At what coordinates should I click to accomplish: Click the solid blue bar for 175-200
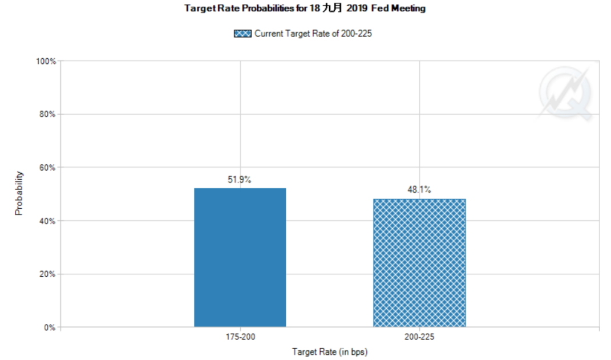coord(240,257)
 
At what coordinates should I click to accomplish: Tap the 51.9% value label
coord(240,180)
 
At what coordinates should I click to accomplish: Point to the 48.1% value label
coord(419,191)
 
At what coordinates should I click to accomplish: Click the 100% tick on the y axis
coord(46,61)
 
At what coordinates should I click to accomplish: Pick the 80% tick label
coord(47,114)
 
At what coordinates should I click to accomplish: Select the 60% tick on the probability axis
coord(47,168)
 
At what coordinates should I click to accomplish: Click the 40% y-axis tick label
coord(47,221)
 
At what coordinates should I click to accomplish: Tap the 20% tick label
coord(47,274)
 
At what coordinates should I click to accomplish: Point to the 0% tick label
coord(49,327)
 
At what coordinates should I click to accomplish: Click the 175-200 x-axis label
coord(240,337)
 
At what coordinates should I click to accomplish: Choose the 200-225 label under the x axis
coord(419,337)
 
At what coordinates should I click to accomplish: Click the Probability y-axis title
coord(19,193)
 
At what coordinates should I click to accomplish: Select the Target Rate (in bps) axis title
coord(329,351)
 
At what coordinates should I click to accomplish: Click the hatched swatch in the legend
coord(242,34)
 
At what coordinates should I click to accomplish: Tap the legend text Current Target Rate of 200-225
coord(313,34)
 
